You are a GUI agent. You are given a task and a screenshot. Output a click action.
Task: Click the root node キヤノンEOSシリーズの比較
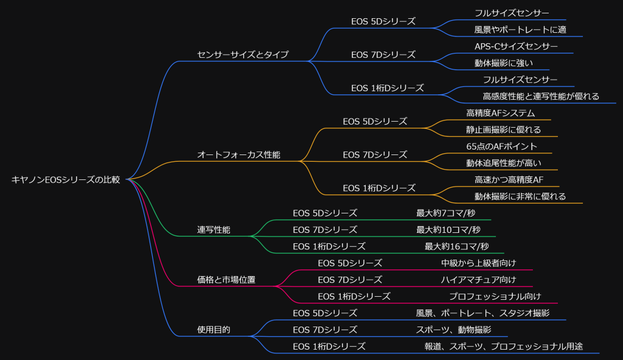click(x=66, y=179)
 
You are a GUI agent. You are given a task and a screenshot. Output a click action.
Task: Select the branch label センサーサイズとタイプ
click(x=243, y=54)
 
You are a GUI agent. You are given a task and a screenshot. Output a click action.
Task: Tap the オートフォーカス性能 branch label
click(x=238, y=154)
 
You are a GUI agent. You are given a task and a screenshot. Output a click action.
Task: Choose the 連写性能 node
click(x=214, y=230)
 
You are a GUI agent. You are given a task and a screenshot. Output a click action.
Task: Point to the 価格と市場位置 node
click(x=226, y=280)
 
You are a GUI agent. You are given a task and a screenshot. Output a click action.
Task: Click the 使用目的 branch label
click(x=214, y=330)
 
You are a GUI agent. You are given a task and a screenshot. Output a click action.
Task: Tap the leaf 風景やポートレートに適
click(x=520, y=29)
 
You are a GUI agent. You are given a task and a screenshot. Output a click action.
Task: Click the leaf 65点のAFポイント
click(x=501, y=146)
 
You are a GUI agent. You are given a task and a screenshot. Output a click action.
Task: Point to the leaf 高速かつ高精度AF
click(x=509, y=179)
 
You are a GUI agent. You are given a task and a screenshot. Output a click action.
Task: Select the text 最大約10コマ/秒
click(x=448, y=229)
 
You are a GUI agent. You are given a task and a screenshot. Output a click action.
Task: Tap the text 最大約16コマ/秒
click(x=457, y=246)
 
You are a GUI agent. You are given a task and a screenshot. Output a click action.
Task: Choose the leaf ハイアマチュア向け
click(x=478, y=280)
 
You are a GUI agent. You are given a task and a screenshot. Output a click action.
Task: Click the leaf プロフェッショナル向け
click(x=495, y=296)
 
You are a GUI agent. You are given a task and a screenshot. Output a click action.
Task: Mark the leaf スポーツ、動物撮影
click(x=453, y=330)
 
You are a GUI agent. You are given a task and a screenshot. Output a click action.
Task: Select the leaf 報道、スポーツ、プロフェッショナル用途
click(x=504, y=346)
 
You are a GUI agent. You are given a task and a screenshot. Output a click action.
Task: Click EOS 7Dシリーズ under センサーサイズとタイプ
click(x=383, y=54)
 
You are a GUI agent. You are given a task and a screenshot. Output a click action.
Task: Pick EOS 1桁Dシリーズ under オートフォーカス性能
click(x=379, y=188)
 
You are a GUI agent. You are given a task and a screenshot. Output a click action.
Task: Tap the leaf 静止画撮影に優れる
click(x=503, y=130)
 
